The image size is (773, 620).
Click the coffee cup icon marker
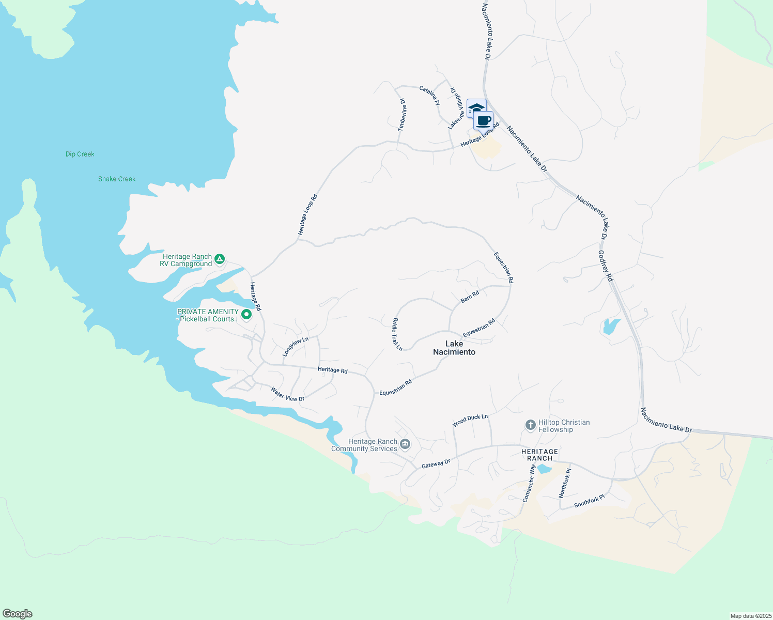click(484, 121)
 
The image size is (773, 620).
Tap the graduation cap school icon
click(476, 108)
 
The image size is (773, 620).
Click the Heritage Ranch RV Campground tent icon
click(220, 259)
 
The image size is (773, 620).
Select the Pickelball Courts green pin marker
click(246, 314)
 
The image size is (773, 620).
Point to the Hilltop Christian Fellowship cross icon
click(530, 425)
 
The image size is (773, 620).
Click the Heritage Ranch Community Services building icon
click(405, 444)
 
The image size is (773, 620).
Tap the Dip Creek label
click(80, 154)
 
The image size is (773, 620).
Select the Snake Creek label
click(117, 179)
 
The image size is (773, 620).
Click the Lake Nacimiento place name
click(454, 348)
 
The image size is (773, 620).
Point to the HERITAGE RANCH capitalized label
click(540, 455)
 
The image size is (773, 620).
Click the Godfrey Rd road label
click(606, 266)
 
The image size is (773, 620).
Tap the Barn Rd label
click(470, 297)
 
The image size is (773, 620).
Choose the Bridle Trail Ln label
click(397, 334)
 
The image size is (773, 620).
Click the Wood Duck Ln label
click(470, 420)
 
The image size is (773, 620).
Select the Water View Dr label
click(288, 394)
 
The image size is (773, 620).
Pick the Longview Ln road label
click(295, 347)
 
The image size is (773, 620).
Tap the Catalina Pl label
click(429, 96)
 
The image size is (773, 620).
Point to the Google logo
click(18, 614)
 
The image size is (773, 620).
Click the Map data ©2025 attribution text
click(750, 616)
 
